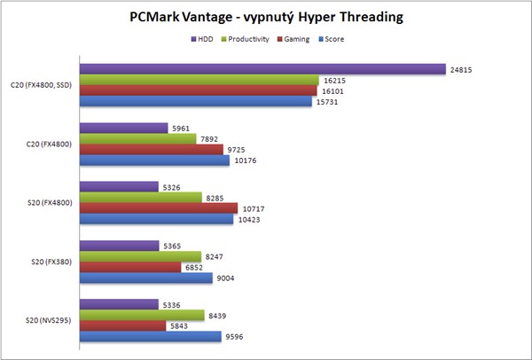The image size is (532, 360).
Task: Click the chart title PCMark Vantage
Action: click(x=266, y=16)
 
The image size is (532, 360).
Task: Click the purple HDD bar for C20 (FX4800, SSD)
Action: click(x=262, y=69)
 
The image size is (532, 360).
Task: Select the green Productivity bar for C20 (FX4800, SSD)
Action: click(x=199, y=81)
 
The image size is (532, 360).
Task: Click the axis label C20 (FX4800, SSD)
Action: click(x=42, y=86)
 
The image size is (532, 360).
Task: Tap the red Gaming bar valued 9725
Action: click(x=151, y=150)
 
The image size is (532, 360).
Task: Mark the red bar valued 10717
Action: click(x=159, y=208)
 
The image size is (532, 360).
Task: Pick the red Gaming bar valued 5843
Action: click(x=121, y=325)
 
